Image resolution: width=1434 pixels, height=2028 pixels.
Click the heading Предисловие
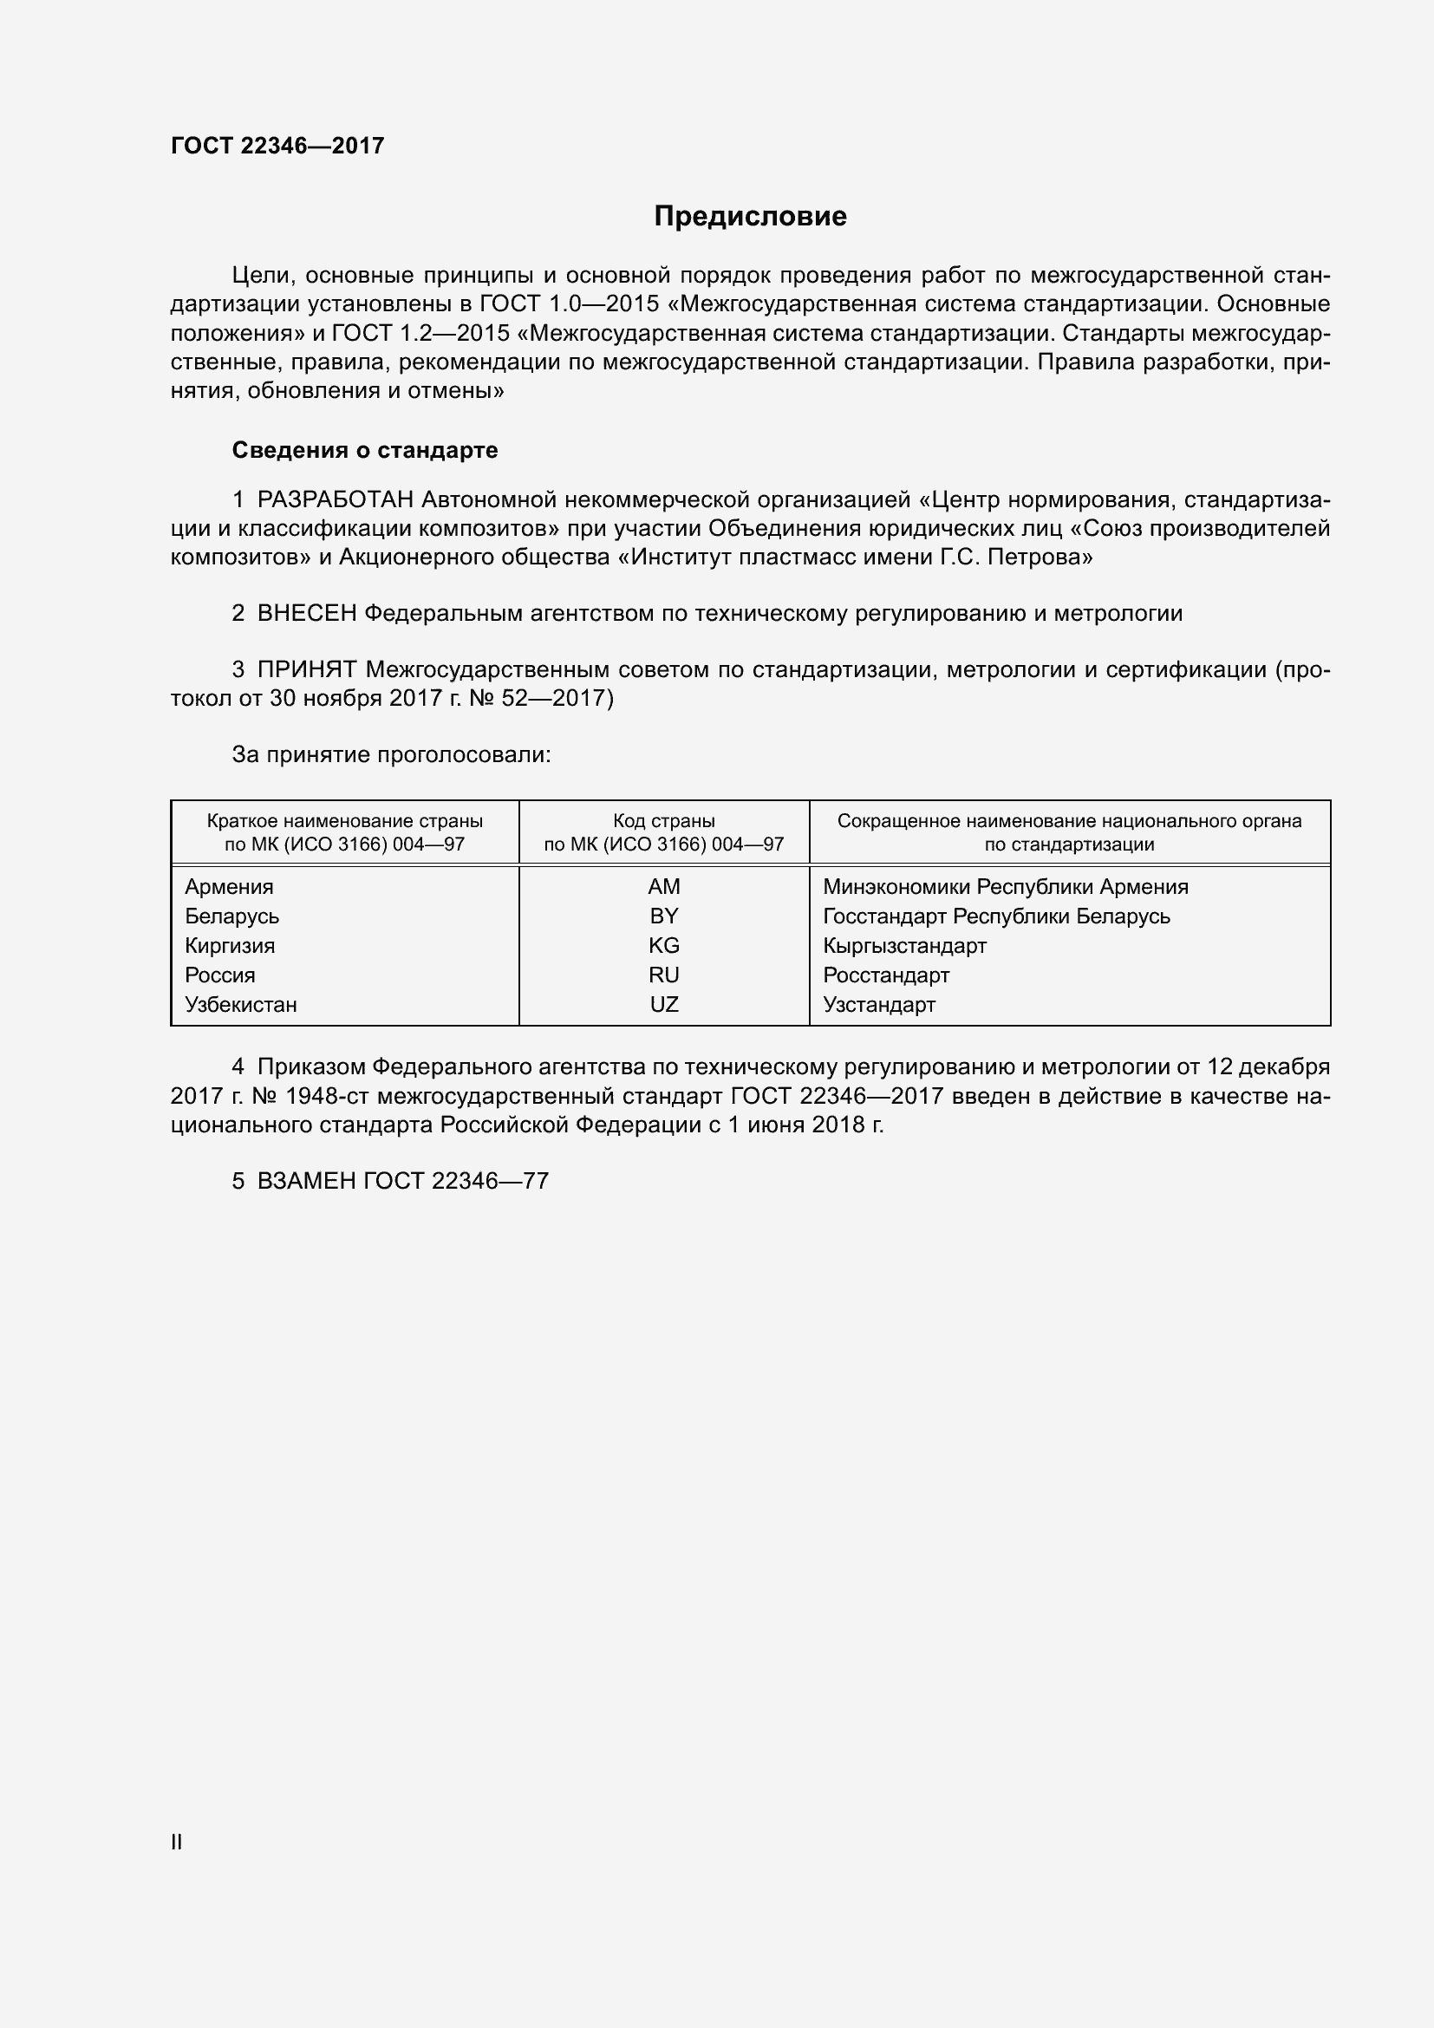click(750, 217)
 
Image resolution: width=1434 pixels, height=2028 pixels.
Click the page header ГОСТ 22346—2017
click(277, 146)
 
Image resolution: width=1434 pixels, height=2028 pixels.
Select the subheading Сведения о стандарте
click(365, 451)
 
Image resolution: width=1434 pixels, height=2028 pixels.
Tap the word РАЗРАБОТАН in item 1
click(336, 500)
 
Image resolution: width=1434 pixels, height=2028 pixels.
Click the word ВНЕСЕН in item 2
click(306, 613)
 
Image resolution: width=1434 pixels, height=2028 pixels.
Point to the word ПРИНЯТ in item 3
click(307, 669)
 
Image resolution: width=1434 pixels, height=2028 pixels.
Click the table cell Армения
click(229, 887)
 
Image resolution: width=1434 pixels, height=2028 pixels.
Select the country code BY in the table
click(663, 916)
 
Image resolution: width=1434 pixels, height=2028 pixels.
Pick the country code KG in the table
click(663, 946)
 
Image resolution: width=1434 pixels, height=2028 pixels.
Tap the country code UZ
click(663, 1004)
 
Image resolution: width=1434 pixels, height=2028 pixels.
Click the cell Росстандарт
click(886, 975)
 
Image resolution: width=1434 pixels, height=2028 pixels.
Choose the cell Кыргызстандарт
click(904, 946)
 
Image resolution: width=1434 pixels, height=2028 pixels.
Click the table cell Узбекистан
click(240, 1004)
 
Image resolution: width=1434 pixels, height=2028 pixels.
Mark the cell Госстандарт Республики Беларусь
click(996, 916)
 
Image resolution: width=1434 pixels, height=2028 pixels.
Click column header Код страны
click(663, 821)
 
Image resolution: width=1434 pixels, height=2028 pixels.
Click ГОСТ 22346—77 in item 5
click(456, 1181)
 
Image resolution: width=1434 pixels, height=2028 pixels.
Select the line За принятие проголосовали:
click(391, 754)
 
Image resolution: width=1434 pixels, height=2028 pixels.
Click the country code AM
click(663, 887)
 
